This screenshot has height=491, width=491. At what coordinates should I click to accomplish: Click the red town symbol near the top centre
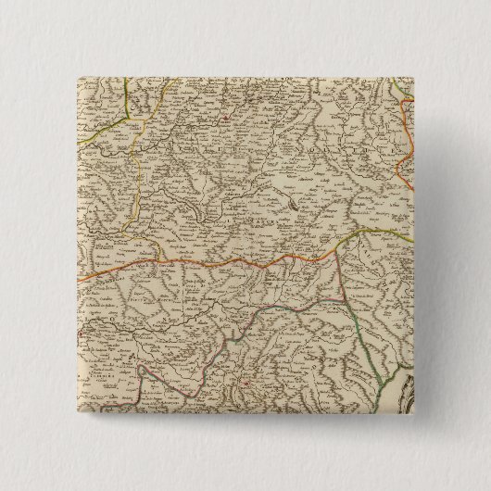[223, 118]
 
